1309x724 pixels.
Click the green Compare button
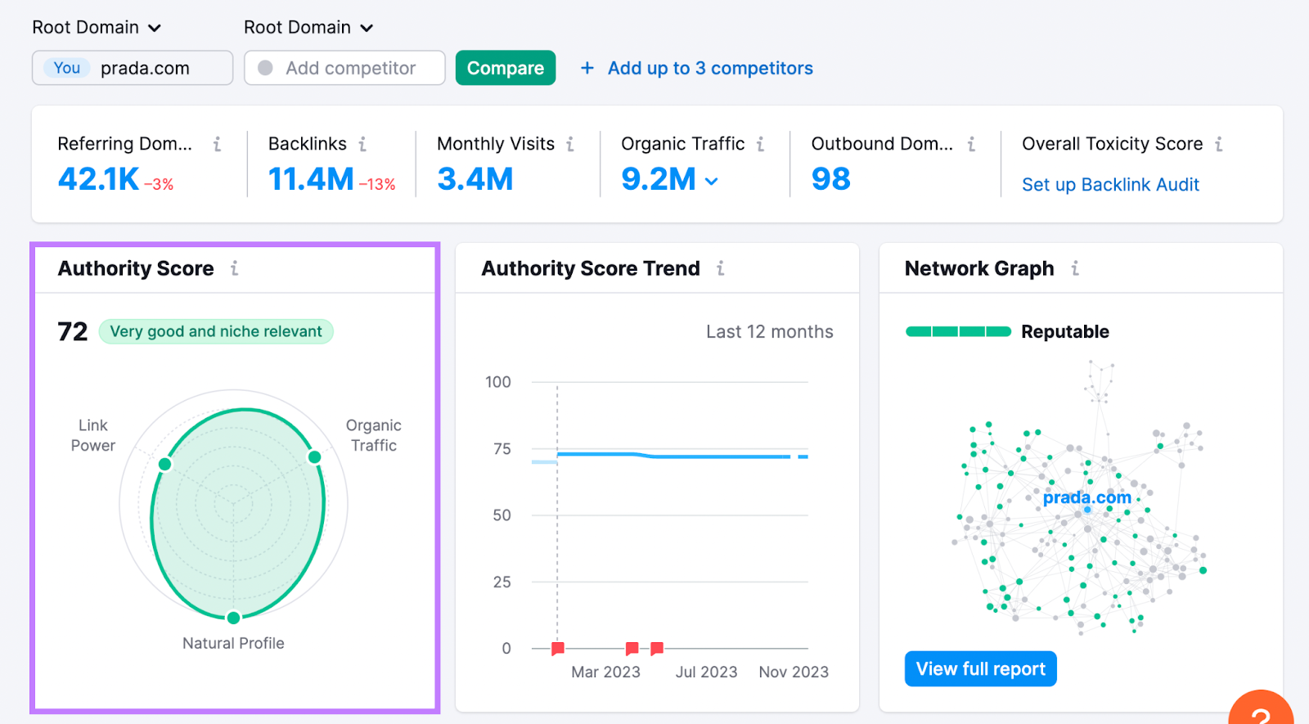click(505, 68)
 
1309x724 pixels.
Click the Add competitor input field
click(350, 68)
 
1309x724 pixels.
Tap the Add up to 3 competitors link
click(709, 68)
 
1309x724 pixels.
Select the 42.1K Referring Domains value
click(98, 179)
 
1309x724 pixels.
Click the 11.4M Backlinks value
click(311, 179)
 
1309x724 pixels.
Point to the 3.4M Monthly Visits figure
click(475, 179)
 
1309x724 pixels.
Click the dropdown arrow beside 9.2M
click(712, 181)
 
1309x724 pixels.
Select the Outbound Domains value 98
click(830, 179)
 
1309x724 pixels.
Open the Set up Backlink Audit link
click(1110, 185)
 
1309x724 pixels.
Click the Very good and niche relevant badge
click(216, 331)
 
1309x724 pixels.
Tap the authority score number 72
click(72, 331)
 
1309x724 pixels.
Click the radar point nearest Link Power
click(164, 465)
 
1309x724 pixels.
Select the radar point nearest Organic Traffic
click(314, 456)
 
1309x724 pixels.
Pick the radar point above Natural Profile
click(233, 618)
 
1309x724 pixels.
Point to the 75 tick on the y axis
click(502, 449)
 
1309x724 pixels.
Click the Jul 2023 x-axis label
click(706, 672)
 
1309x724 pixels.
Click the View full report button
click(980, 669)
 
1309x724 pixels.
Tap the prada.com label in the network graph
click(1086, 497)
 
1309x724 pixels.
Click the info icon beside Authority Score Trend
click(720, 268)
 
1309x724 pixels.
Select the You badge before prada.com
click(67, 68)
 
